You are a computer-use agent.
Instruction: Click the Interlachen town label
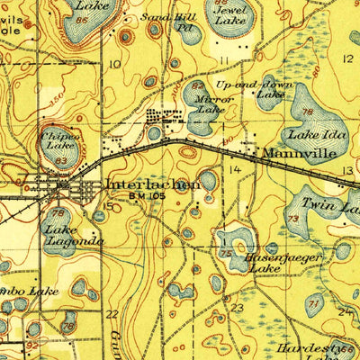pos(153,184)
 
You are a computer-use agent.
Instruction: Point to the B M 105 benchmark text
pos(148,195)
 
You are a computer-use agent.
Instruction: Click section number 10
pos(114,65)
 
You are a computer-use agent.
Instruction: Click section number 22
pos(112,314)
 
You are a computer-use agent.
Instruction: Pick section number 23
pos(237,308)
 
